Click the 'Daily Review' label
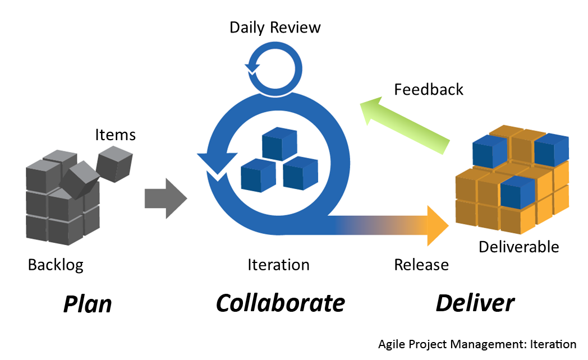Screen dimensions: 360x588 click(x=275, y=27)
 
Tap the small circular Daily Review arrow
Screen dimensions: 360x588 click(x=272, y=70)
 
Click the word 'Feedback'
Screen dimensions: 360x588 click(x=429, y=90)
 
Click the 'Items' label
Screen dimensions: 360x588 click(x=115, y=135)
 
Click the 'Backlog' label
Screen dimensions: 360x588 click(x=56, y=264)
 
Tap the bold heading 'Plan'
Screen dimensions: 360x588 click(x=87, y=303)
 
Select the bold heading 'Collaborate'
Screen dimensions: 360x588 click(x=280, y=303)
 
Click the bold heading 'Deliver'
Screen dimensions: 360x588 click(x=475, y=303)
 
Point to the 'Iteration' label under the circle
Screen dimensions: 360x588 click(x=278, y=264)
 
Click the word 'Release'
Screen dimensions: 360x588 click(x=421, y=264)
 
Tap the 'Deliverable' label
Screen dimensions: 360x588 click(x=518, y=246)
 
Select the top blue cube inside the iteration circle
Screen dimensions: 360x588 click(x=279, y=144)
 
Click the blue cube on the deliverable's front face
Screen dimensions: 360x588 click(x=517, y=192)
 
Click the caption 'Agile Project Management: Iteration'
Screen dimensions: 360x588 click(x=477, y=344)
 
